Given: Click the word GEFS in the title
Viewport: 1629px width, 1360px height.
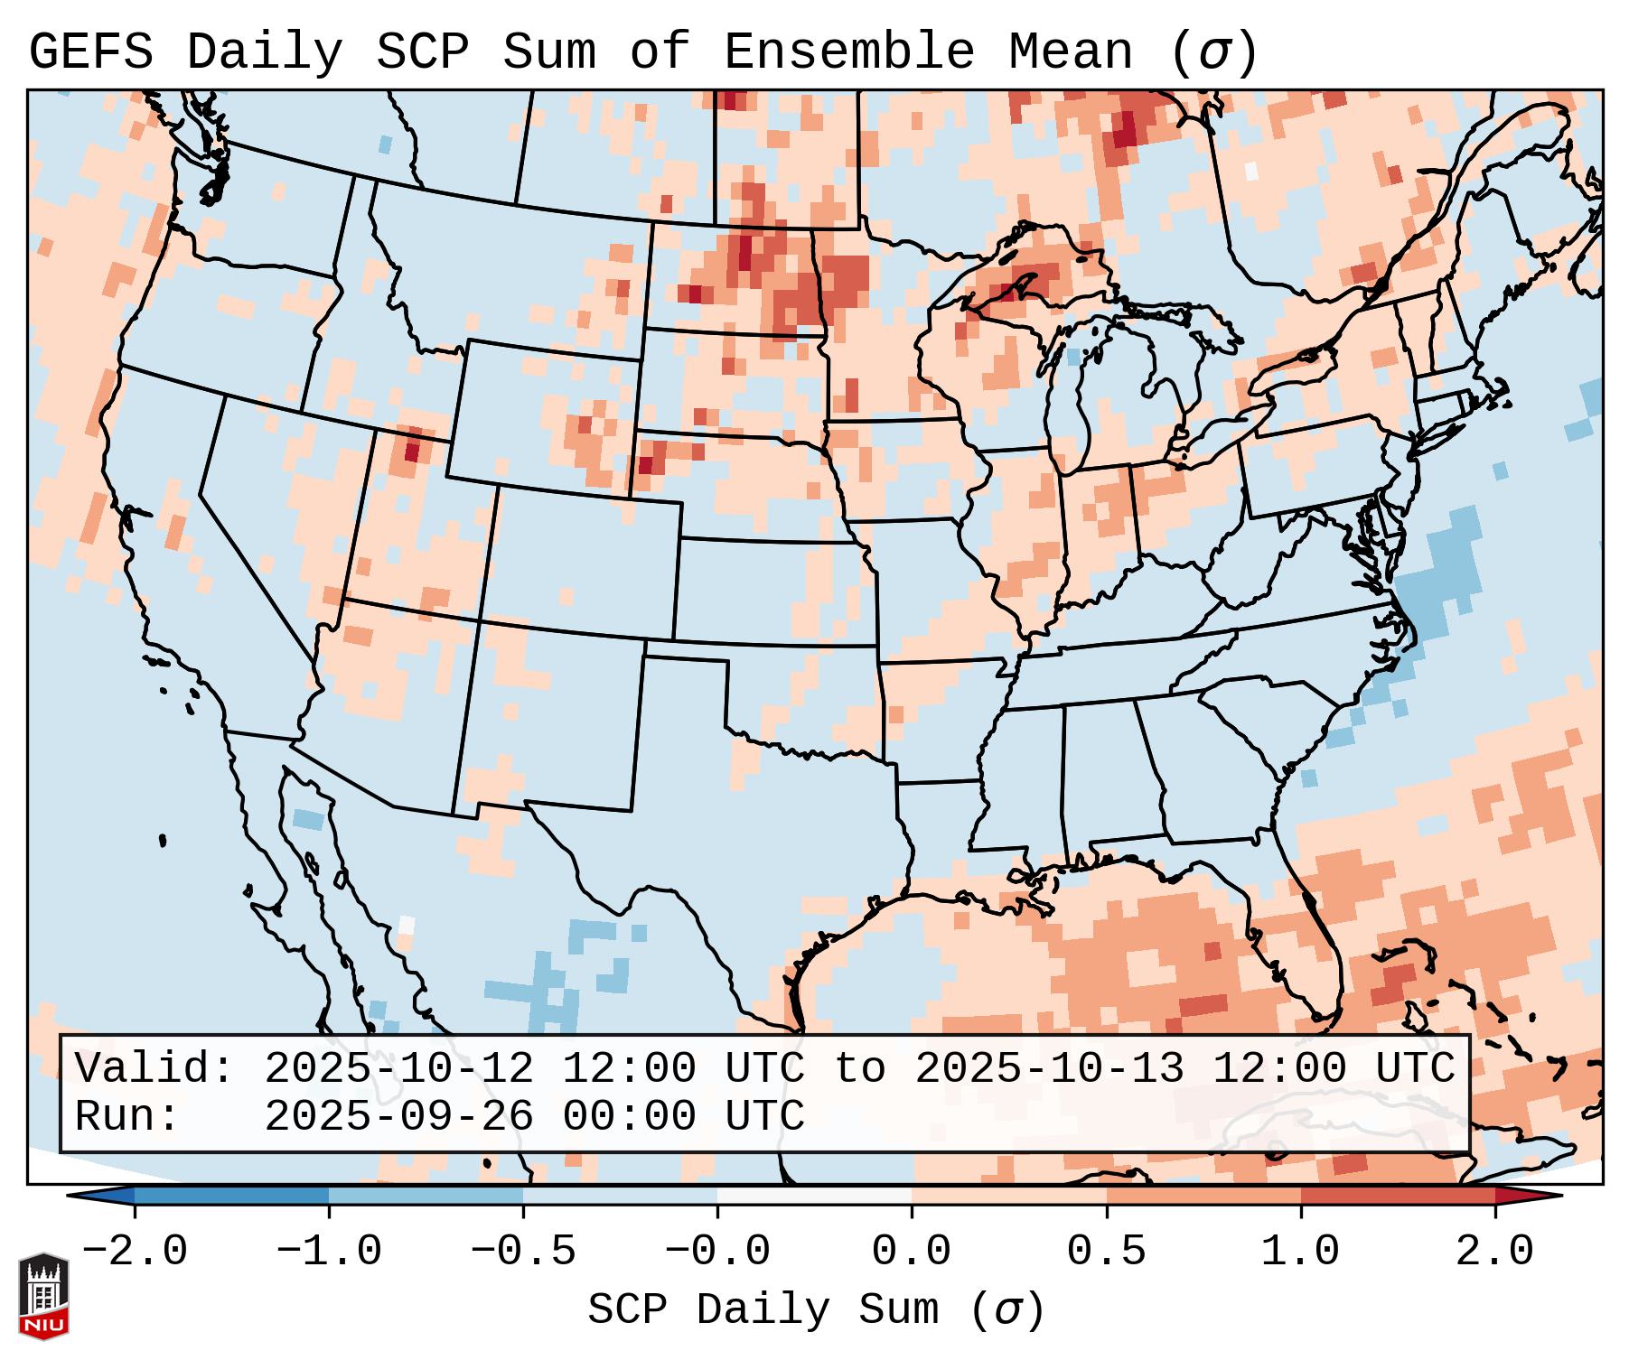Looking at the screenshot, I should [x=90, y=52].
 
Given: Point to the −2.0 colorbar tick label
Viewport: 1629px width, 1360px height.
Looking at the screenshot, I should [x=135, y=1252].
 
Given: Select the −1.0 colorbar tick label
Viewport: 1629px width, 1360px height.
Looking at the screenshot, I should [x=329, y=1252].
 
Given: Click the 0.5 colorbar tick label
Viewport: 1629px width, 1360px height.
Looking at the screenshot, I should [x=1106, y=1252].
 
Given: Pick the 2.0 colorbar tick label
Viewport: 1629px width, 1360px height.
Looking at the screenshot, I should [x=1494, y=1252].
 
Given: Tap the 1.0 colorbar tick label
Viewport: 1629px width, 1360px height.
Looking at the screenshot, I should [x=1300, y=1252].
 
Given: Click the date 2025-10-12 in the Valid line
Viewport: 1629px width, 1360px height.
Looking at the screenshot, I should [x=398, y=1069].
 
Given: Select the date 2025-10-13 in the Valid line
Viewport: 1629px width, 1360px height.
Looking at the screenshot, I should [x=1049, y=1069].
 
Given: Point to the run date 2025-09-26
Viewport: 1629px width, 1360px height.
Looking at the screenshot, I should [x=398, y=1117].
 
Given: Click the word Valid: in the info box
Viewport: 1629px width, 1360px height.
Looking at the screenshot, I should [x=154, y=1069].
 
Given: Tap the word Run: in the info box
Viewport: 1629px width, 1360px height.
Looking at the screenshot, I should [x=127, y=1117].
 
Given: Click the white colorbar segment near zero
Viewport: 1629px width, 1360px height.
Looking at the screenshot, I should [x=814, y=1196].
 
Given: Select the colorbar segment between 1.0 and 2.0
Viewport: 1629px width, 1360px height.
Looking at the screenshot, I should [x=1398, y=1196].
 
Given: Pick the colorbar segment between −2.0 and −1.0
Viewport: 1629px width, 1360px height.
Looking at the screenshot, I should [x=231, y=1196].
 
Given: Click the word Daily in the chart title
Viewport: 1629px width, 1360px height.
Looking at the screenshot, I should [x=265, y=52].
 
